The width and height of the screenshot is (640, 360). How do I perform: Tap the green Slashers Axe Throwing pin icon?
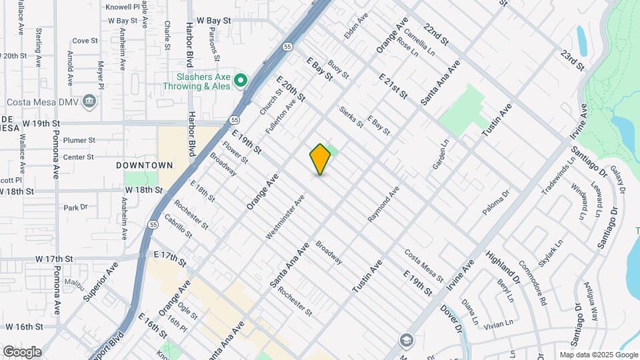coord(241,81)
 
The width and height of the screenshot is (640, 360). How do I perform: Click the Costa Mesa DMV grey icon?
coord(91,101)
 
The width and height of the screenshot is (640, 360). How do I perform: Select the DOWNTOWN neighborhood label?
coord(145,165)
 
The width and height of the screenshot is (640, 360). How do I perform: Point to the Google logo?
coord(22,351)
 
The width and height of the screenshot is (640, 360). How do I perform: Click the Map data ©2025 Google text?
coord(599,355)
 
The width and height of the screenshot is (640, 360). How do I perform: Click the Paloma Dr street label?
coord(497,203)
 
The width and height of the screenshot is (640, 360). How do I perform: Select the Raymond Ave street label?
coord(383,204)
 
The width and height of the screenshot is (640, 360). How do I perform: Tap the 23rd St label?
coord(573,59)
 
